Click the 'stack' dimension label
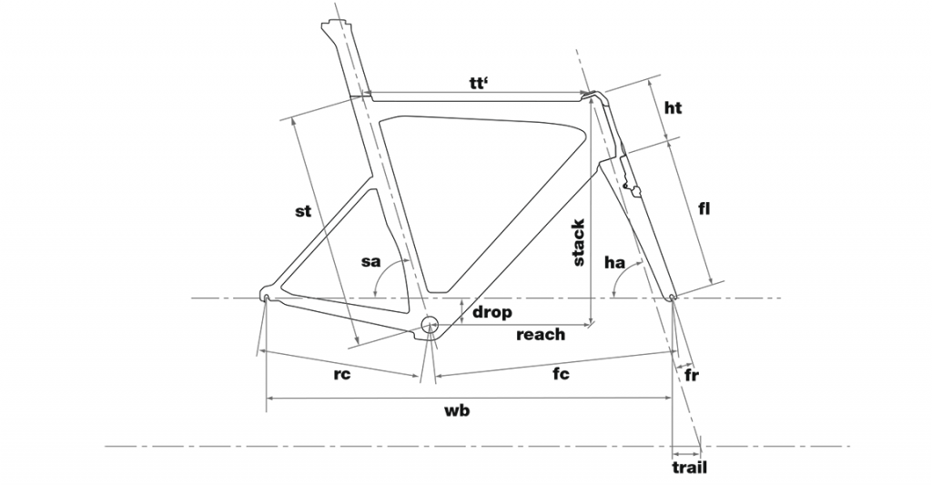click(x=578, y=242)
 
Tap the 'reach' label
click(x=541, y=335)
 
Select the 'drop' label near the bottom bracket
click(x=491, y=312)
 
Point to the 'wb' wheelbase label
click(x=457, y=410)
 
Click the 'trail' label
click(x=690, y=467)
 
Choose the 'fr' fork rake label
click(x=692, y=375)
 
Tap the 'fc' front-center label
click(x=561, y=373)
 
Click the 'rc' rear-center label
click(x=342, y=375)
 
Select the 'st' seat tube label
click(x=303, y=211)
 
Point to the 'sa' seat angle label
click(x=371, y=261)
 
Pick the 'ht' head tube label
click(x=673, y=107)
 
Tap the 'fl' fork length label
click(x=704, y=209)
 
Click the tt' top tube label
click(x=479, y=83)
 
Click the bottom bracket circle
click(x=430, y=324)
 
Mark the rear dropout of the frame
click(x=266, y=294)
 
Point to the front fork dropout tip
click(x=672, y=297)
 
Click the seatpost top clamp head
click(x=335, y=25)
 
